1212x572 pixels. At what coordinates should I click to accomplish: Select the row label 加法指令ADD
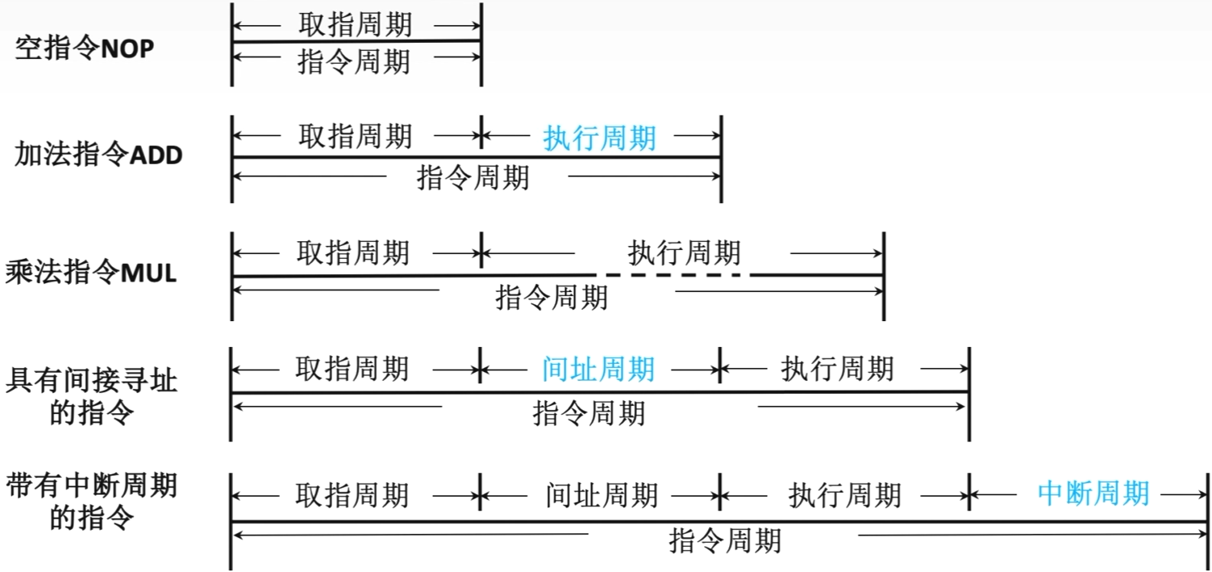(x=98, y=155)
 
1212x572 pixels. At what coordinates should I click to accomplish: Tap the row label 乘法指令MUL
(x=91, y=273)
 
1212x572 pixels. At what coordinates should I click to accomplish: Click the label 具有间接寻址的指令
(x=91, y=396)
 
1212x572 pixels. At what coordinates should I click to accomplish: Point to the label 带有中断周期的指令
(x=91, y=502)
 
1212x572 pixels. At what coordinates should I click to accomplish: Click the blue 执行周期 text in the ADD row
(x=599, y=138)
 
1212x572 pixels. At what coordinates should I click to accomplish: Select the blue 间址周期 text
(x=598, y=370)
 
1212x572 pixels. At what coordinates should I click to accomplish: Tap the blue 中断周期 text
(x=1093, y=492)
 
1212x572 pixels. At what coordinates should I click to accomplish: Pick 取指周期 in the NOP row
(x=355, y=24)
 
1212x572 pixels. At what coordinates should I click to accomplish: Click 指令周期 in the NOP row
(x=355, y=62)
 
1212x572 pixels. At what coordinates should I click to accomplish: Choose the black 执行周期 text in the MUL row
(x=684, y=253)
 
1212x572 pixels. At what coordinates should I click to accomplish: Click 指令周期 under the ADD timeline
(x=473, y=177)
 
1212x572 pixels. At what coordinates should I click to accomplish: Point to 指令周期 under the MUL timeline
(x=552, y=298)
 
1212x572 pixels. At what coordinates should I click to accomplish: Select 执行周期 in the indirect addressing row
(x=838, y=370)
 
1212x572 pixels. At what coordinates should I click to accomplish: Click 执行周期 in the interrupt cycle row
(x=844, y=495)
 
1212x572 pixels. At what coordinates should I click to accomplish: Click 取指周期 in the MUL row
(x=352, y=253)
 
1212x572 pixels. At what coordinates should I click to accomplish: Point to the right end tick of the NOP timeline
(x=481, y=44)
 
